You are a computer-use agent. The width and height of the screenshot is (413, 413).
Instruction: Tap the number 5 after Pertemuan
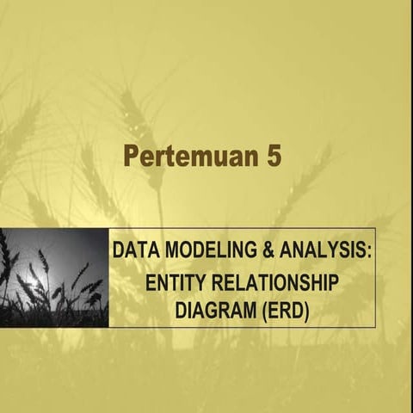pos(273,157)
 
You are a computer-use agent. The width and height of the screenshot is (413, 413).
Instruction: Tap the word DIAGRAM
pos(212,307)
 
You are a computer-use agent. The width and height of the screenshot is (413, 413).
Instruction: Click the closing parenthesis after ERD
pos(305,307)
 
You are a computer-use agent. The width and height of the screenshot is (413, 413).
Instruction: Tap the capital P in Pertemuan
pos(132,157)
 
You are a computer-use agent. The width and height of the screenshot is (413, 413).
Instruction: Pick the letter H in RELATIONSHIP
pos(319,280)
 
